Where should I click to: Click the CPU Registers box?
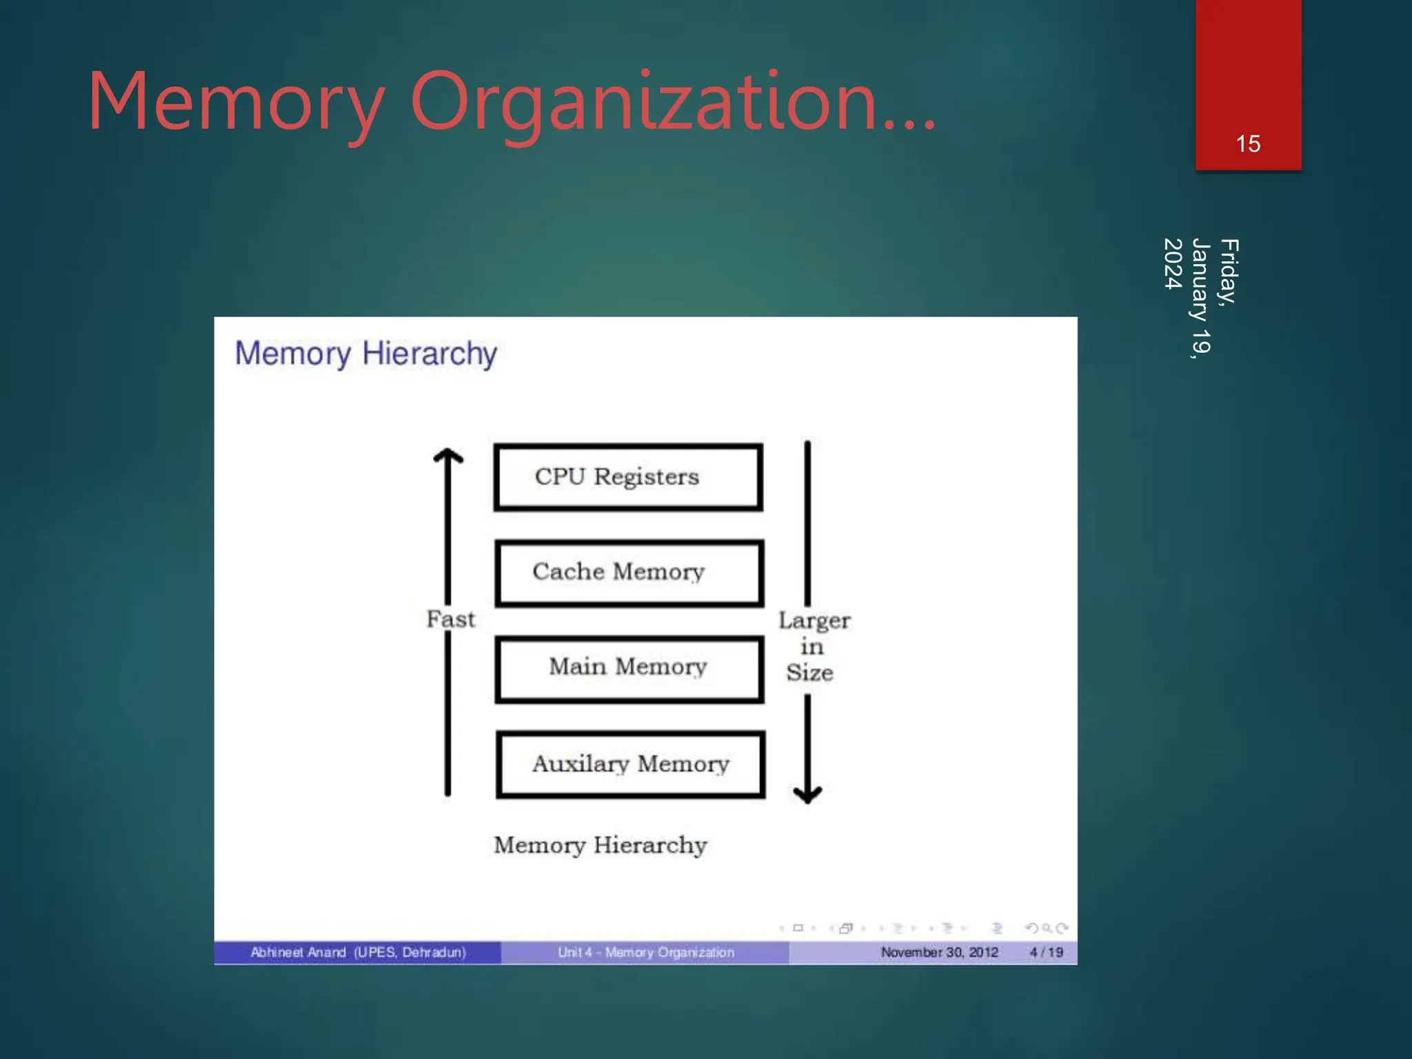click(628, 477)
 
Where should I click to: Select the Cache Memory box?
click(629, 572)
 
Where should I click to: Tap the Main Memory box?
click(629, 668)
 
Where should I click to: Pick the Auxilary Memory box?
click(630, 764)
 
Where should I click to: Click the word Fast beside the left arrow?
click(451, 619)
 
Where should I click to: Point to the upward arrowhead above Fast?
click(448, 456)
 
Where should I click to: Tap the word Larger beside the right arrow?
click(814, 621)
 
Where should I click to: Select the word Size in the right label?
click(810, 673)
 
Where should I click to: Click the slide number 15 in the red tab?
click(1248, 144)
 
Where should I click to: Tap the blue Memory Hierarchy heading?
click(365, 354)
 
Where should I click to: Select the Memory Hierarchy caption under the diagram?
click(601, 845)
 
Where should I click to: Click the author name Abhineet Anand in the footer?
click(298, 952)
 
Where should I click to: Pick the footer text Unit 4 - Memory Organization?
click(645, 952)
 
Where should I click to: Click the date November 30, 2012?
click(939, 952)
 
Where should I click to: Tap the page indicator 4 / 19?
click(1046, 952)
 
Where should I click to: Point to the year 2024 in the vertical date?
click(1173, 263)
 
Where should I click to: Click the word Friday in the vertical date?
click(1229, 270)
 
